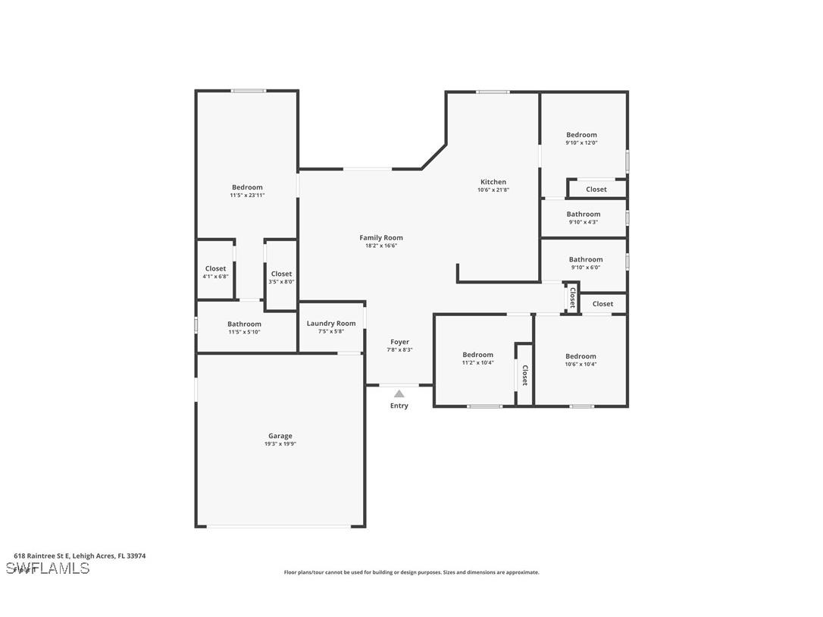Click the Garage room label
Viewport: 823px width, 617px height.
[280, 436]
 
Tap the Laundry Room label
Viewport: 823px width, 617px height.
[331, 324]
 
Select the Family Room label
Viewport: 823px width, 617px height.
[381, 238]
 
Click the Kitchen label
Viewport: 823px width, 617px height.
[493, 182]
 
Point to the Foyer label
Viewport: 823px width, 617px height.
[400, 343]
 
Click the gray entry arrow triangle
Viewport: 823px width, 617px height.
[399, 393]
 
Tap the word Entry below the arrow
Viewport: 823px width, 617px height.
[399, 406]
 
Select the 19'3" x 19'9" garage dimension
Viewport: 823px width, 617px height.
[280, 444]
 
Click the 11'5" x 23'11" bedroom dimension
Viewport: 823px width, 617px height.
[247, 196]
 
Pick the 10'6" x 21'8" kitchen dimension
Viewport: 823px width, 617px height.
[493, 190]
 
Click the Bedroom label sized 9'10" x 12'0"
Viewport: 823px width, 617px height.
[581, 135]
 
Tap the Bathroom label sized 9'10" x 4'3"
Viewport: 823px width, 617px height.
[584, 215]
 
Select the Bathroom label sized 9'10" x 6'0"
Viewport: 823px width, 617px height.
[586, 259]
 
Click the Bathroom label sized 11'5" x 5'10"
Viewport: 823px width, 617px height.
[244, 324]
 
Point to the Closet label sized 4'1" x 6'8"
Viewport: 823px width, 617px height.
[215, 268]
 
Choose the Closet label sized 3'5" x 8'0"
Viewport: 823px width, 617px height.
[281, 274]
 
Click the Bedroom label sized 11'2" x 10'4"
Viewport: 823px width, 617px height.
[477, 355]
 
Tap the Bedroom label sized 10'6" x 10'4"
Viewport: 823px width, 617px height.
[580, 356]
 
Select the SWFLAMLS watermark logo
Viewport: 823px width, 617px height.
[48, 568]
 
